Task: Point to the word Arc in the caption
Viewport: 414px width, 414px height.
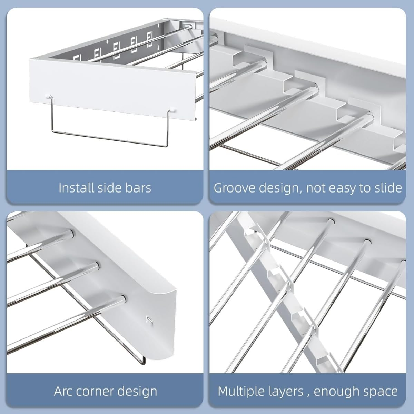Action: pyautogui.click(x=63, y=392)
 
